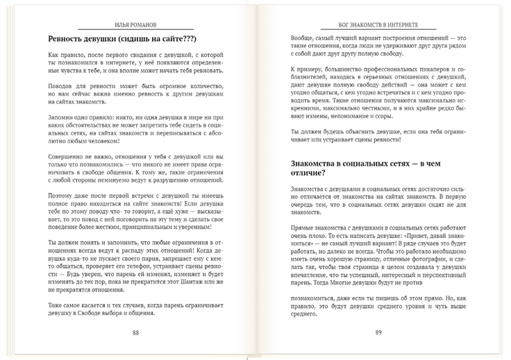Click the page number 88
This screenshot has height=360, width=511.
136,332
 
